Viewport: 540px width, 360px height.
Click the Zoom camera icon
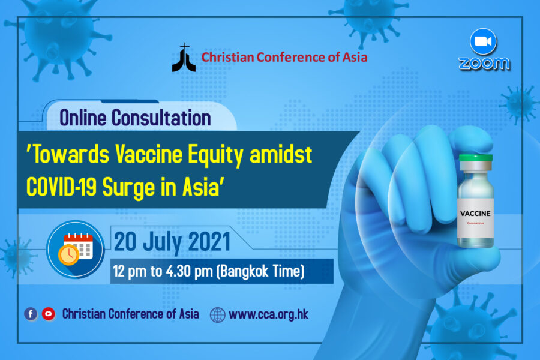pyautogui.click(x=483, y=41)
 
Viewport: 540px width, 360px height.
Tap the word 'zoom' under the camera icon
pyautogui.click(x=484, y=64)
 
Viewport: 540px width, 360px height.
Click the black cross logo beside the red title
pyautogui.click(x=184, y=58)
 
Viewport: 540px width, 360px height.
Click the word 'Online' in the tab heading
pyautogui.click(x=83, y=118)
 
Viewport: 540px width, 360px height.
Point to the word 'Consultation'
pyautogui.click(x=161, y=118)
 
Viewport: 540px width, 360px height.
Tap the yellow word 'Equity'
pyautogui.click(x=216, y=156)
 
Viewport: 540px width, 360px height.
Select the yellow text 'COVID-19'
pyautogui.click(x=61, y=187)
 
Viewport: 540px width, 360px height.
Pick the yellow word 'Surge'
pyautogui.click(x=129, y=188)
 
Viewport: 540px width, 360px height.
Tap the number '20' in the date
pyautogui.click(x=125, y=242)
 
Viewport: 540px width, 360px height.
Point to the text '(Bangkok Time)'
pyautogui.click(x=261, y=271)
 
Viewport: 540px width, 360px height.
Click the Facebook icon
pyautogui.click(x=31, y=314)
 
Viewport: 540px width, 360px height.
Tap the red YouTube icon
pyautogui.click(x=49, y=314)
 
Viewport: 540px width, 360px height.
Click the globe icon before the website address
pyautogui.click(x=218, y=314)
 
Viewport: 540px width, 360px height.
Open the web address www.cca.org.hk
pyautogui.click(x=269, y=314)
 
